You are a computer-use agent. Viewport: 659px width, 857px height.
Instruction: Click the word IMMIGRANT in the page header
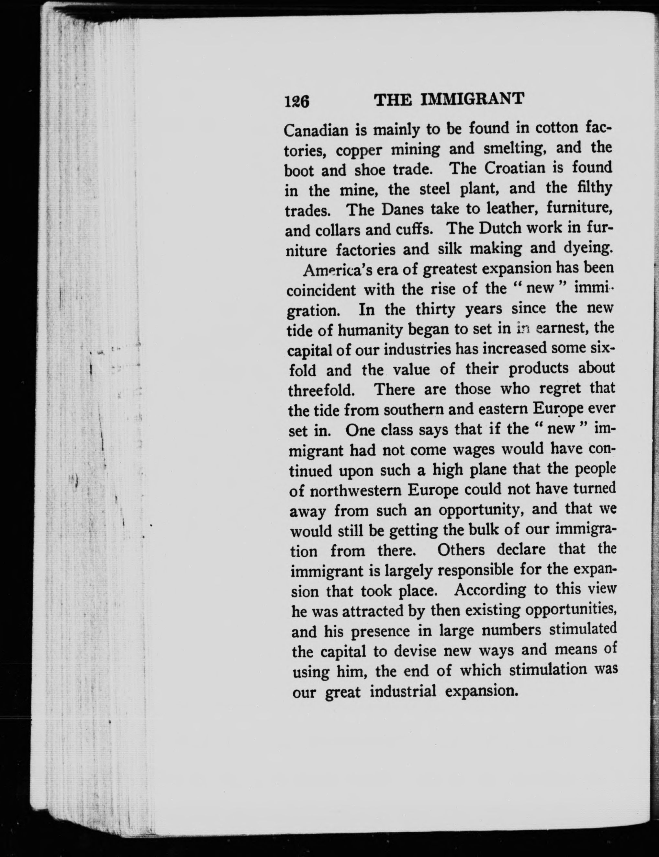[472, 100]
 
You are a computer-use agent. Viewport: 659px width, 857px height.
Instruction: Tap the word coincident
[321, 290]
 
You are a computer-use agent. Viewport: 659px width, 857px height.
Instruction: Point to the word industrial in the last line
[403, 691]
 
